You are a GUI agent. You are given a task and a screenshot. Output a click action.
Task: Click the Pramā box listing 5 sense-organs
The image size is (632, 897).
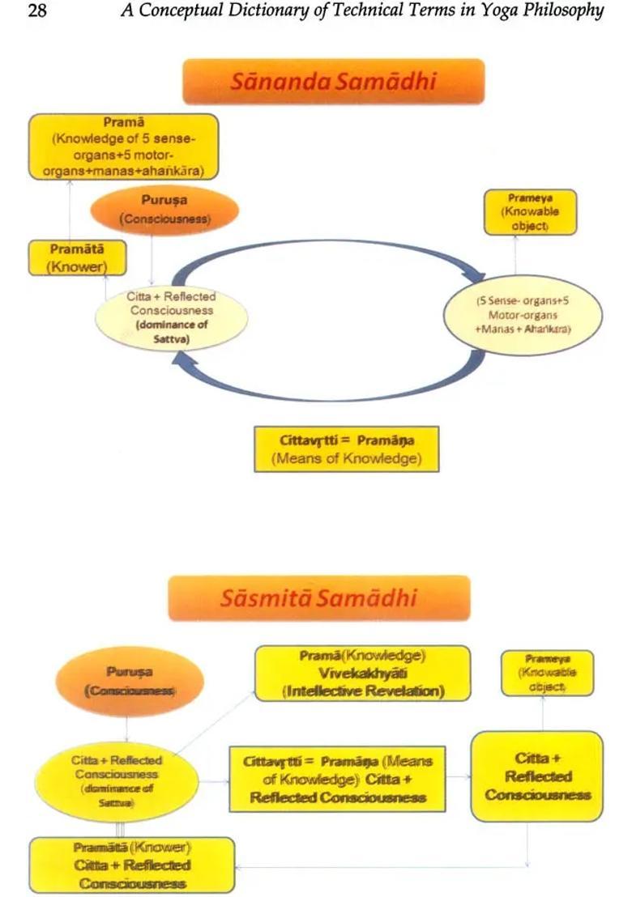click(x=124, y=147)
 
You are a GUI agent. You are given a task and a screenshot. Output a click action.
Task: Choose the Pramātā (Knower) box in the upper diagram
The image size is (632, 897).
click(x=67, y=257)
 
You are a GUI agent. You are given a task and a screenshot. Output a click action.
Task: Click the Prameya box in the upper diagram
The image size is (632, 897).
click(x=531, y=212)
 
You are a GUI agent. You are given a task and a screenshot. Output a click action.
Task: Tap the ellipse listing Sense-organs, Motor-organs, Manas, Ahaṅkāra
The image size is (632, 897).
click(x=523, y=316)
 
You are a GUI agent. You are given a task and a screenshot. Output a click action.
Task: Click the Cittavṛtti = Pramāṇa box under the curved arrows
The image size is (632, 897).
click(x=347, y=449)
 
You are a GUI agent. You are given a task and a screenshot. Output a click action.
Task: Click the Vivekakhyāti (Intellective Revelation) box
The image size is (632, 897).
click(x=362, y=673)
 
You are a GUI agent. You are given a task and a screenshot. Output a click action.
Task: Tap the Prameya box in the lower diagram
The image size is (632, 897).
click(x=547, y=670)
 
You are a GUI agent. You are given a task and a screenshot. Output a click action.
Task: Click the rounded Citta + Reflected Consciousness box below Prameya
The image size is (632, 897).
click(x=537, y=776)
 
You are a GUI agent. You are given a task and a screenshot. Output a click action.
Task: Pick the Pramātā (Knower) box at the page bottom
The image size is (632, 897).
click(x=132, y=865)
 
